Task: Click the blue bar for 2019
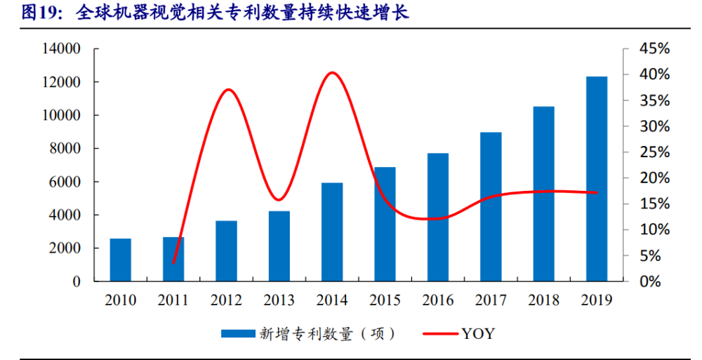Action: tap(597, 179)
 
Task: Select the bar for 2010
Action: tap(120, 260)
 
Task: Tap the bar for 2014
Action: tap(332, 232)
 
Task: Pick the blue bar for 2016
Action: tap(437, 217)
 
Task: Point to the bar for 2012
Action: tap(226, 251)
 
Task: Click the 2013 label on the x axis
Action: tap(279, 300)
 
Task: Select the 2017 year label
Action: tap(491, 300)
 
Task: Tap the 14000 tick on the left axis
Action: tap(62, 49)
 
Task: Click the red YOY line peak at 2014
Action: tap(332, 72)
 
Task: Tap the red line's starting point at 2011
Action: tap(173, 262)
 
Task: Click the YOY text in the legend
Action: tap(478, 333)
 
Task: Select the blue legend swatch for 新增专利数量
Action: tap(237, 333)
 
